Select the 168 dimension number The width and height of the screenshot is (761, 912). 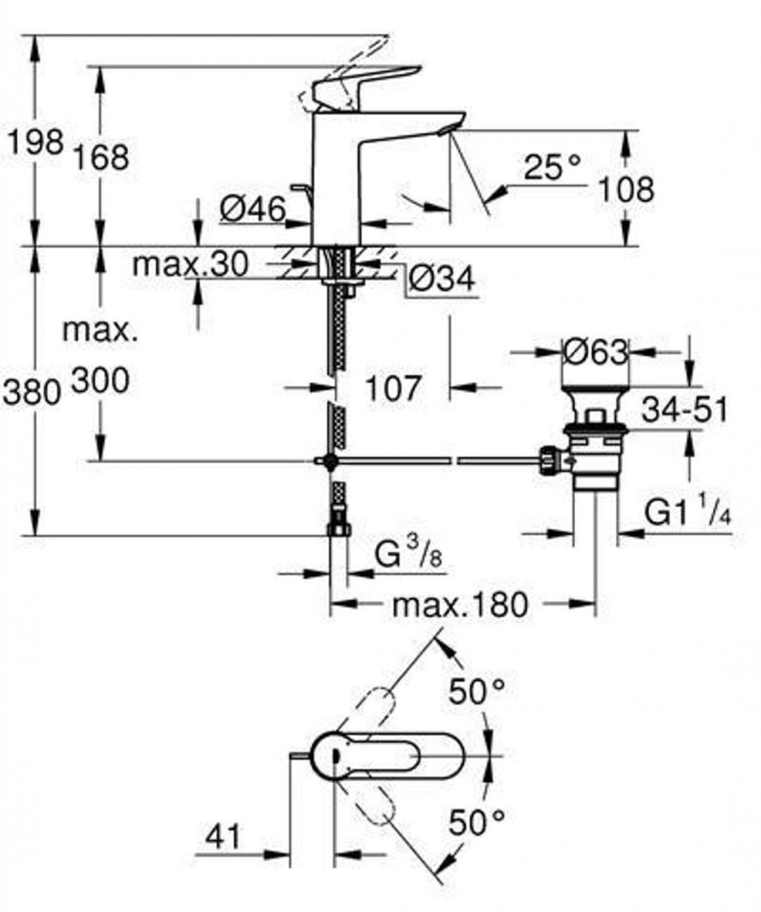tap(101, 157)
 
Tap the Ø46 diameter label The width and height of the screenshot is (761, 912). tap(254, 209)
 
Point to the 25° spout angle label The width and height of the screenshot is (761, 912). tap(552, 167)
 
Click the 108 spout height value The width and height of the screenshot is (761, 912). tap(626, 190)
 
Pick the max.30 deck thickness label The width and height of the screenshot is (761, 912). tap(190, 264)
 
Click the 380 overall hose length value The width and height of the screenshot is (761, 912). tap(32, 392)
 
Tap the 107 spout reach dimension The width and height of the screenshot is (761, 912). tap(393, 387)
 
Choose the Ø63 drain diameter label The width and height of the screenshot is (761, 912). tap(596, 353)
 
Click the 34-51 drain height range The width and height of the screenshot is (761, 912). tap(684, 410)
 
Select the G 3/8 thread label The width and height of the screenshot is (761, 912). tap(409, 555)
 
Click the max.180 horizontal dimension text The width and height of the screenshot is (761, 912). tap(460, 605)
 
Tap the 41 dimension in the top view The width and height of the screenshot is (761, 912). tap(223, 837)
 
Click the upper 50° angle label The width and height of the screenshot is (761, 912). tap(476, 692)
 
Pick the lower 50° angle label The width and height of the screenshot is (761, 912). tap(476, 822)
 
